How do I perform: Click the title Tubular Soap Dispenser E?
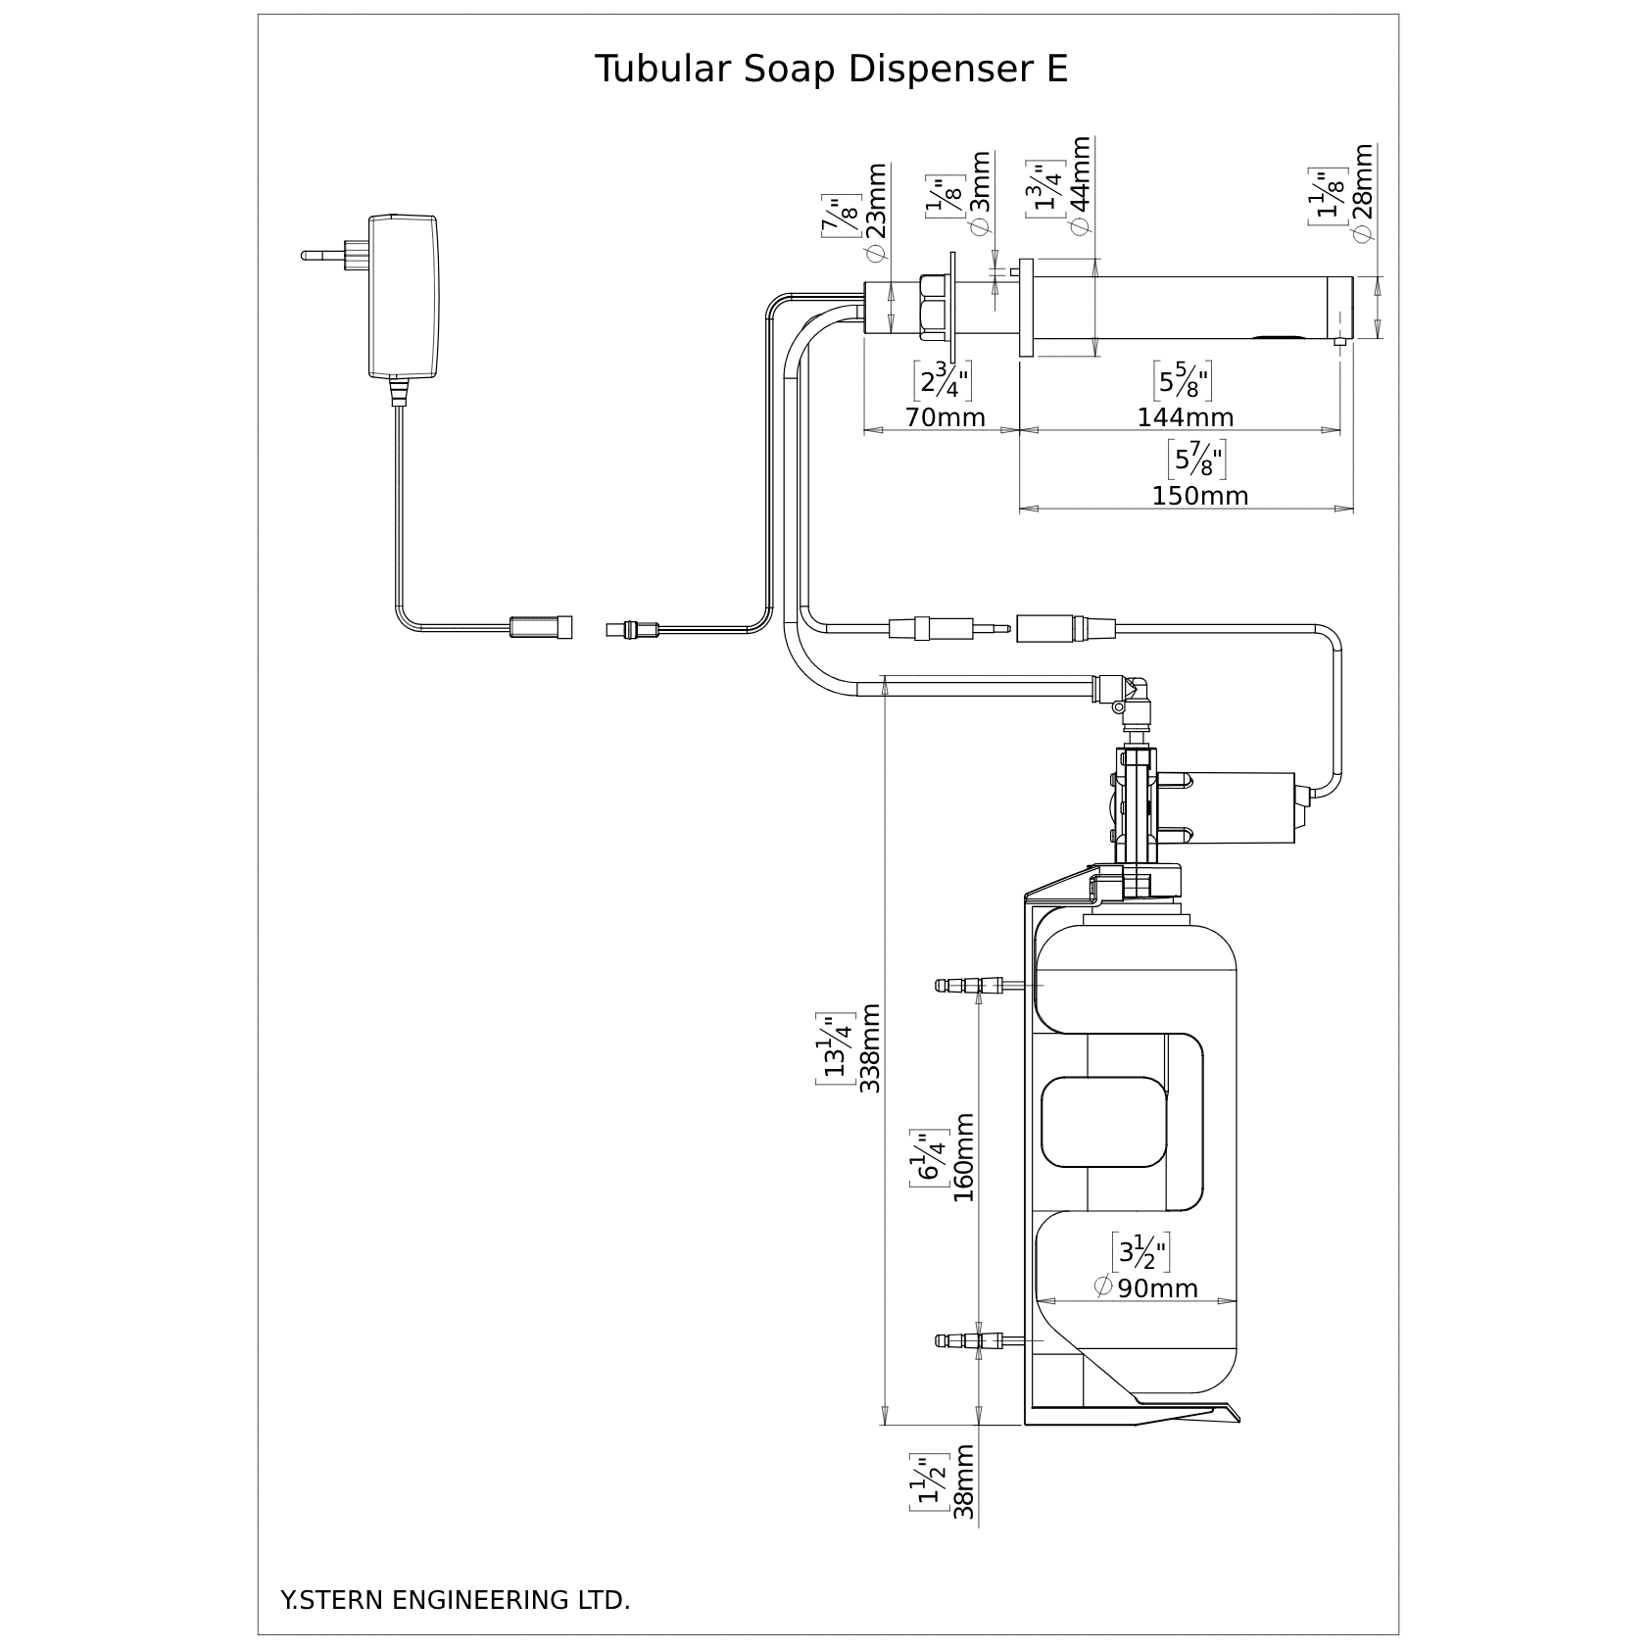831,70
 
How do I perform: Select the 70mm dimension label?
945,416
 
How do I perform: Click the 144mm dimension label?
1185,416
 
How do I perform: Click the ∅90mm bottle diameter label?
1145,1287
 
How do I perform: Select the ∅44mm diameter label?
1081,186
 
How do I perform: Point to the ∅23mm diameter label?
876,212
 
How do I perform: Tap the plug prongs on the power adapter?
333,256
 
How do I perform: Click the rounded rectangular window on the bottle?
1103,1117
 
